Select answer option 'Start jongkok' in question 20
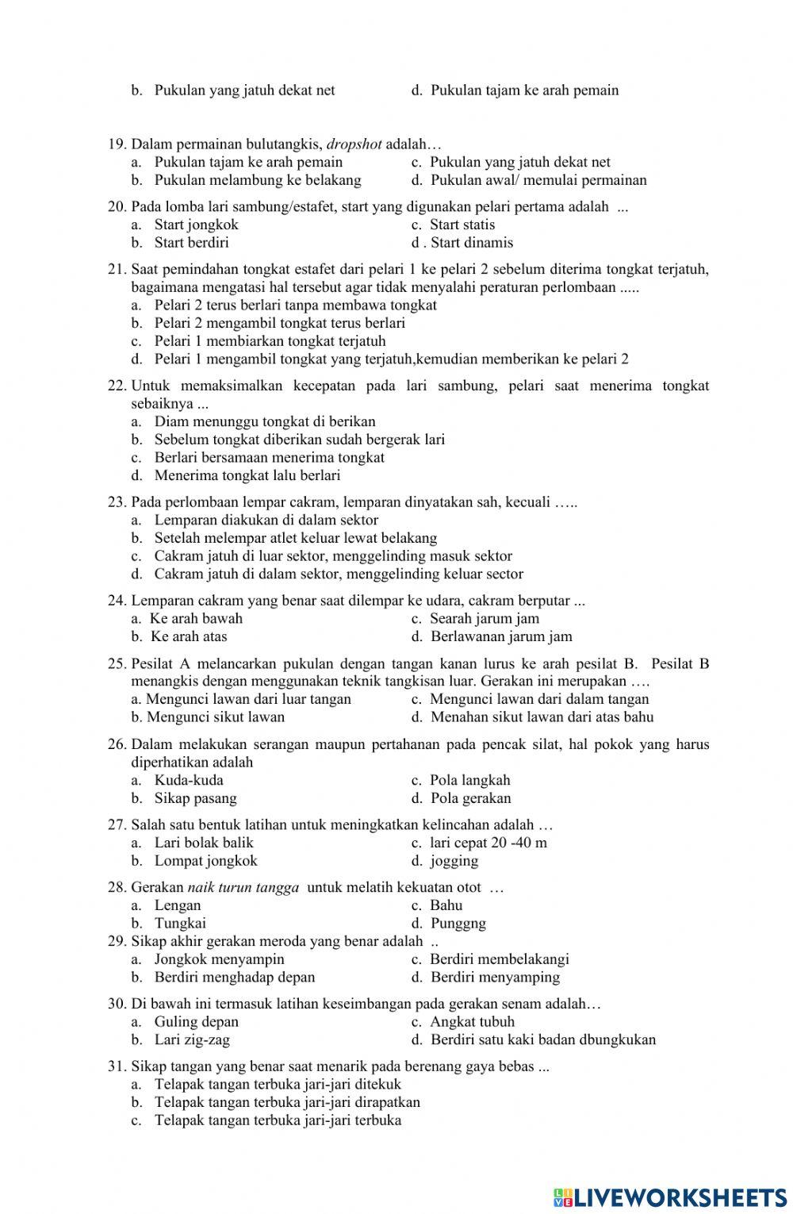(x=196, y=225)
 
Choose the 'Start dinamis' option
(x=471, y=243)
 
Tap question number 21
(x=117, y=269)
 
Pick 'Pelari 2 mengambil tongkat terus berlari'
(x=279, y=323)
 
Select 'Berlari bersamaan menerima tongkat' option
(x=269, y=457)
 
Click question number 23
(x=117, y=501)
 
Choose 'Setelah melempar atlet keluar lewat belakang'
(x=295, y=538)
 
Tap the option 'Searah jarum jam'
(x=484, y=618)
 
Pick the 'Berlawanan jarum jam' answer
(x=501, y=636)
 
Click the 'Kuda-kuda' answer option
(x=189, y=780)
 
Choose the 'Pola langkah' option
(x=469, y=780)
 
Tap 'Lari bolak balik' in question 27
(x=204, y=843)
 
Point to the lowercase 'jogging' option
(x=454, y=861)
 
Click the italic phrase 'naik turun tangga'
(x=243, y=887)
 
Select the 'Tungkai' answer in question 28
(x=180, y=923)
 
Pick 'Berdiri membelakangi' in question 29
(x=499, y=959)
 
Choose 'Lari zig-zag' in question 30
(x=192, y=1039)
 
